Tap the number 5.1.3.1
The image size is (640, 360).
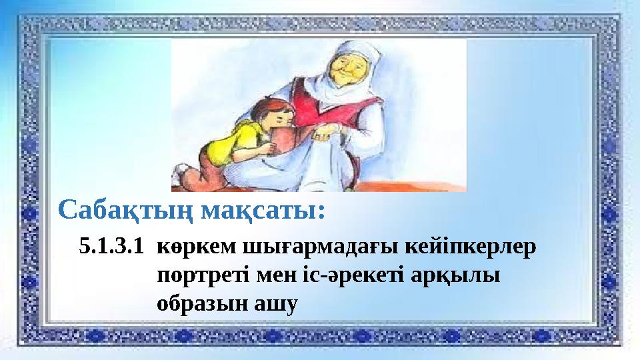[x=111, y=247]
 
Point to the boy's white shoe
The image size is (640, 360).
[x=177, y=177]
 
